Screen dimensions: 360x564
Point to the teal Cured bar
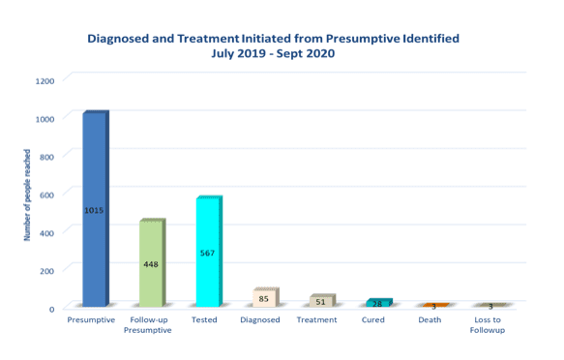point(377,303)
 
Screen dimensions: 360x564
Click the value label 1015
point(94,210)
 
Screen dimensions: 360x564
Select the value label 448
point(151,264)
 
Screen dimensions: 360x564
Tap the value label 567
point(207,253)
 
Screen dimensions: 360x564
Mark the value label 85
point(263,299)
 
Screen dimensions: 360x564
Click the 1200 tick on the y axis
point(45,80)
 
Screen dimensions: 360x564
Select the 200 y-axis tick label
point(48,270)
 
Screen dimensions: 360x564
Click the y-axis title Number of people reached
point(27,195)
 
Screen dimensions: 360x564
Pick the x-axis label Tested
point(204,320)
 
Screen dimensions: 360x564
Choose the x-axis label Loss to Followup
point(490,325)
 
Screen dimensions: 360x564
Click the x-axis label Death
point(430,320)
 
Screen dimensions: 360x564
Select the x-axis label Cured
point(373,320)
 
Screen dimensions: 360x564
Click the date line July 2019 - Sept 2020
point(274,54)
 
